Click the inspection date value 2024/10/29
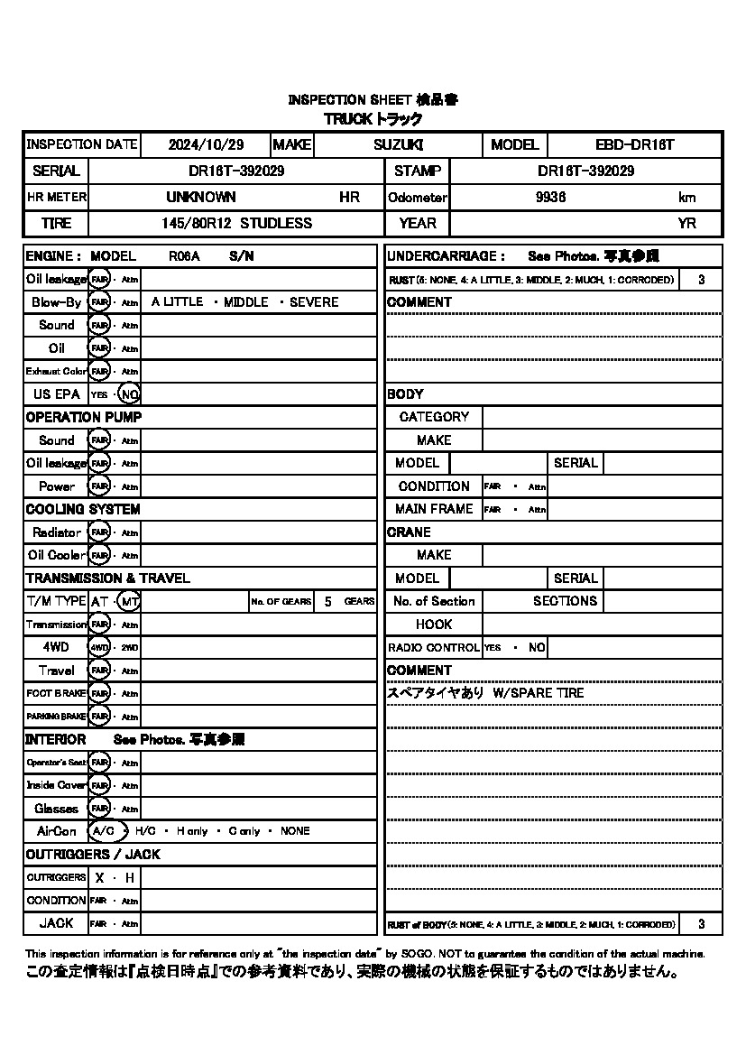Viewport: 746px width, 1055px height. (x=207, y=144)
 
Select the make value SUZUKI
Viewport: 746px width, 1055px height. (x=398, y=144)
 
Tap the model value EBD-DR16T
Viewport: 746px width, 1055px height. (x=635, y=144)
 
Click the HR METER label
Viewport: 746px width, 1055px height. (x=56, y=197)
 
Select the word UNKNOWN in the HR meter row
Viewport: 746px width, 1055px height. (x=201, y=197)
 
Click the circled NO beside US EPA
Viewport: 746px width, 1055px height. (x=130, y=394)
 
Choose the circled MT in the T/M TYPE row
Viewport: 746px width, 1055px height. (x=130, y=601)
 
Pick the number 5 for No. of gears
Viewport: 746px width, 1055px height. (x=328, y=601)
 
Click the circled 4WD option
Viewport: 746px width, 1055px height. (x=99, y=647)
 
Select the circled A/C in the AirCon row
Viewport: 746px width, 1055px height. (x=105, y=831)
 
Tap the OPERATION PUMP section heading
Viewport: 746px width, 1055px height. (x=83, y=417)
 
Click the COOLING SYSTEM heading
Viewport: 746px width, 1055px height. (x=83, y=509)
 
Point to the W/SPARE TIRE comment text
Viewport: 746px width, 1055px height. (x=539, y=693)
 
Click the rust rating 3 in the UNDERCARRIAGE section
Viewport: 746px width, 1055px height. (x=701, y=280)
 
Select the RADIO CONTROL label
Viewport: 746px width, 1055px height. (x=434, y=647)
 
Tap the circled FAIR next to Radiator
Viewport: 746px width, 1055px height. (x=99, y=532)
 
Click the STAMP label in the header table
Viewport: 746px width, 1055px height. (x=417, y=171)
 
